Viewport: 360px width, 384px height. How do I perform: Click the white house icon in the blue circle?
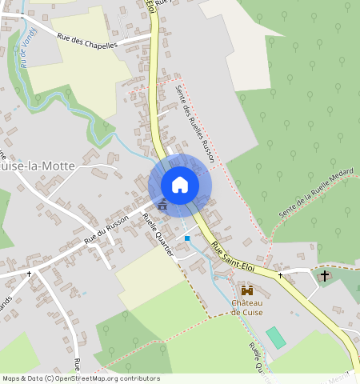click(x=180, y=185)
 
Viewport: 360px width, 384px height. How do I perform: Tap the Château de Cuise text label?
click(x=247, y=307)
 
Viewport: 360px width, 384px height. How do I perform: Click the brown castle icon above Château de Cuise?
click(x=246, y=290)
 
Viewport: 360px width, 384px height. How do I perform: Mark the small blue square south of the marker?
click(x=187, y=238)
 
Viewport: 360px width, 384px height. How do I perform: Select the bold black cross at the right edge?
click(x=325, y=276)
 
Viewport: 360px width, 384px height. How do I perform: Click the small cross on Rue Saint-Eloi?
click(x=281, y=275)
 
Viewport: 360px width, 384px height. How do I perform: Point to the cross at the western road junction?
click(x=30, y=274)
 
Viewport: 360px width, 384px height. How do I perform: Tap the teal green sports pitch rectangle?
click(x=275, y=337)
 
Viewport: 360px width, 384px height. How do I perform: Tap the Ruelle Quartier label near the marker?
click(x=158, y=234)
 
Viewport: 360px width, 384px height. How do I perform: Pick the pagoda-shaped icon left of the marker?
click(x=163, y=206)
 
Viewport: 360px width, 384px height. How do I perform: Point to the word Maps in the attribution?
click(x=11, y=378)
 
